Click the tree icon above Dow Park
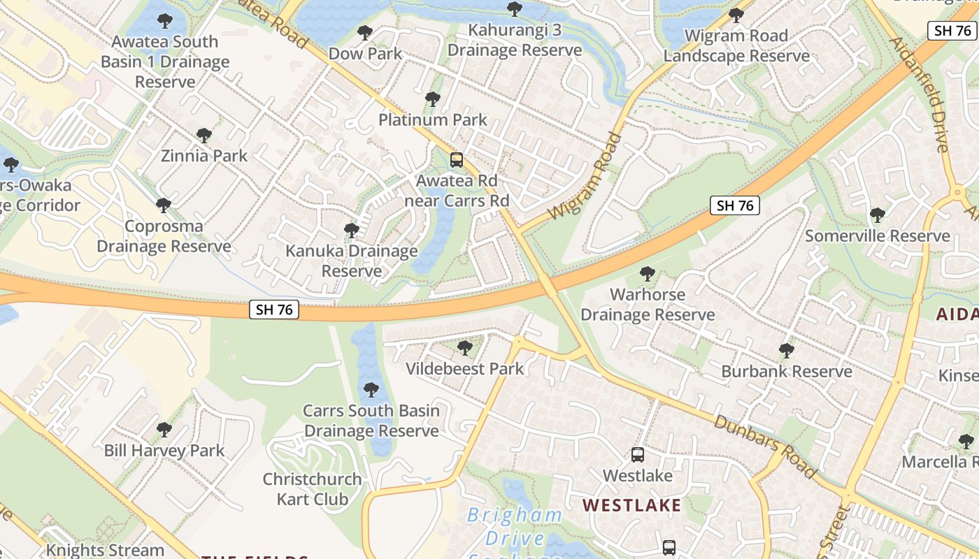[364, 33]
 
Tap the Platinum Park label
[432, 119]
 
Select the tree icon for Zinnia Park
[203, 136]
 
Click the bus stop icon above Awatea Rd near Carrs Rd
[457, 160]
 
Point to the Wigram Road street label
[585, 175]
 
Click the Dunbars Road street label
[766, 445]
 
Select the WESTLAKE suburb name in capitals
[631, 505]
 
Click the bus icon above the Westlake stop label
[638, 455]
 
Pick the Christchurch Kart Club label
[313, 489]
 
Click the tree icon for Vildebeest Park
[464, 347]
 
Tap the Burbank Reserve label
[787, 371]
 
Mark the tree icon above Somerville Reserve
[877, 215]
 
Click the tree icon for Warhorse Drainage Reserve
[648, 273]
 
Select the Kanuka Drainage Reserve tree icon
[352, 230]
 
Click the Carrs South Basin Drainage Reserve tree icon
[371, 390]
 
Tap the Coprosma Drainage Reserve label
[164, 236]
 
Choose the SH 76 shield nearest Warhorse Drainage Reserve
[734, 205]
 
